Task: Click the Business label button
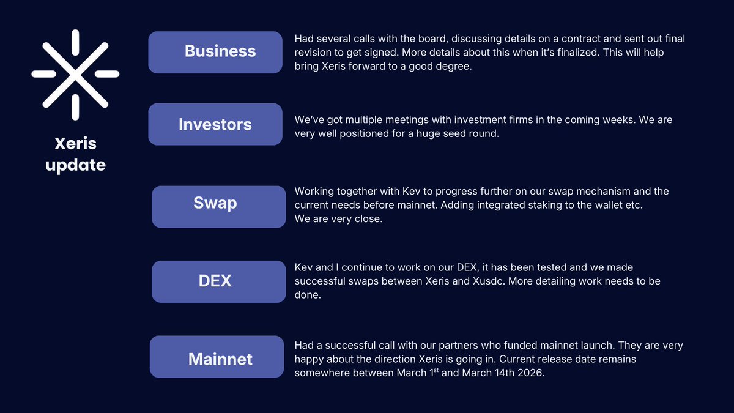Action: [x=215, y=52]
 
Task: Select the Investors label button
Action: [x=215, y=124]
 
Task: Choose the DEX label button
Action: [x=219, y=281]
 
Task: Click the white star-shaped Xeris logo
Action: [x=75, y=75]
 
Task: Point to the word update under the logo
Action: [x=75, y=165]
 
